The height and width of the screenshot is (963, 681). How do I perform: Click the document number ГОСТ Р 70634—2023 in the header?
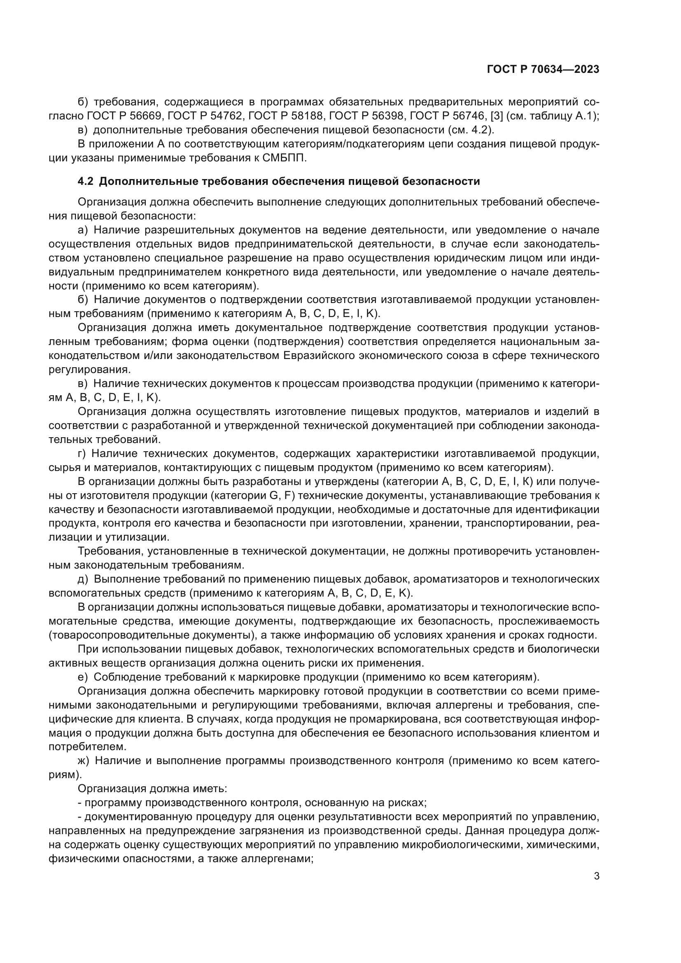tap(543, 69)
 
